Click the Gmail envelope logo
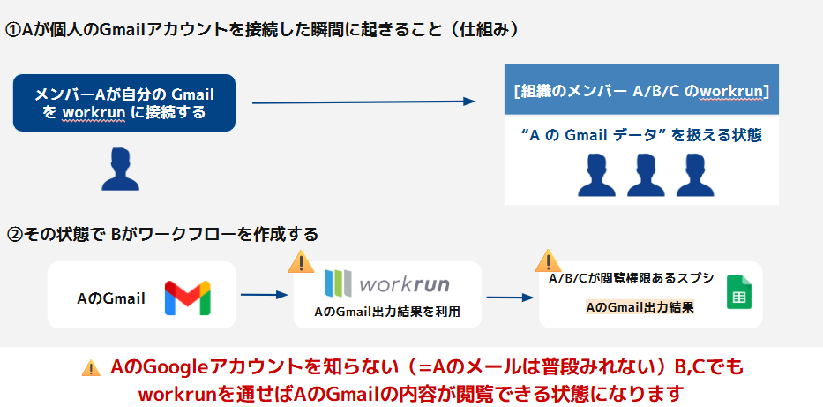pos(187,298)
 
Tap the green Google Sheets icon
pos(737,292)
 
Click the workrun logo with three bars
pos(387,283)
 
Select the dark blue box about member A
pos(124,102)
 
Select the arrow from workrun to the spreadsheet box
pos(508,298)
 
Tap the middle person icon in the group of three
pos(644,175)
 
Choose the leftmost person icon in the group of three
pos(595,175)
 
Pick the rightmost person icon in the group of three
pos(693,175)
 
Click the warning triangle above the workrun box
pos(302,262)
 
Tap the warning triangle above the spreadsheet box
pos(548,259)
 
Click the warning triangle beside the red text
pos(91,368)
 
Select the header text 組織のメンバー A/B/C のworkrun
pos(640,91)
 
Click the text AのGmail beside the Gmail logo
pos(111,298)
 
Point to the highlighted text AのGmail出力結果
pos(640,307)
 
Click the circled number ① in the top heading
pos(13,29)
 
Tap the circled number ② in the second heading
pos(13,235)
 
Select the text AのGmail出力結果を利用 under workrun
pos(387,312)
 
